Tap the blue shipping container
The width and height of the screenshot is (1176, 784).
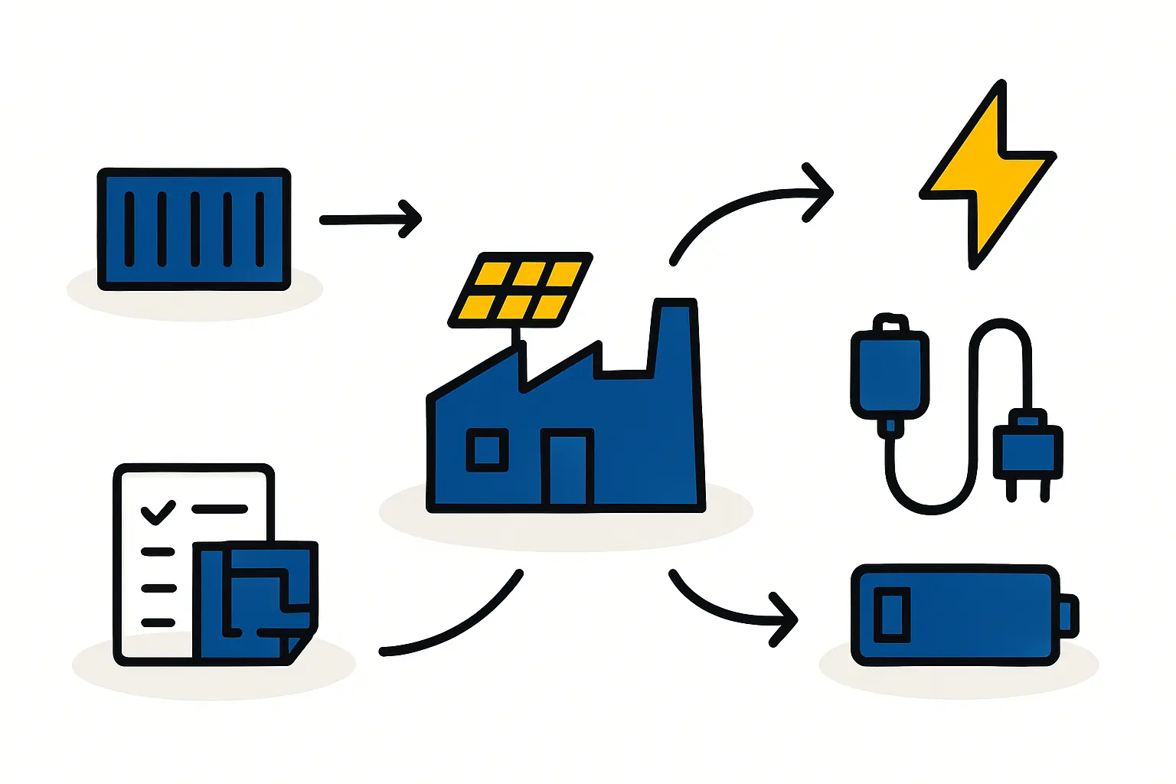pyautogui.click(x=194, y=229)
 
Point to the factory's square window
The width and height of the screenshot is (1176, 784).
pyautogui.click(x=487, y=449)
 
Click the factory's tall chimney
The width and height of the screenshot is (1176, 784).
pyautogui.click(x=675, y=337)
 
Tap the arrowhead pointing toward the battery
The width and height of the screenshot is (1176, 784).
pyautogui.click(x=786, y=619)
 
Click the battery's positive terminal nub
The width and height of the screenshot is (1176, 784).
pyautogui.click(x=1069, y=616)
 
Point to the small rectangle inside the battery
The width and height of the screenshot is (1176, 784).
pyautogui.click(x=892, y=614)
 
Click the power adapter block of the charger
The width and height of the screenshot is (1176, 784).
pyautogui.click(x=890, y=374)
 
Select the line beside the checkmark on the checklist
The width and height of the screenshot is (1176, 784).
pyautogui.click(x=220, y=509)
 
